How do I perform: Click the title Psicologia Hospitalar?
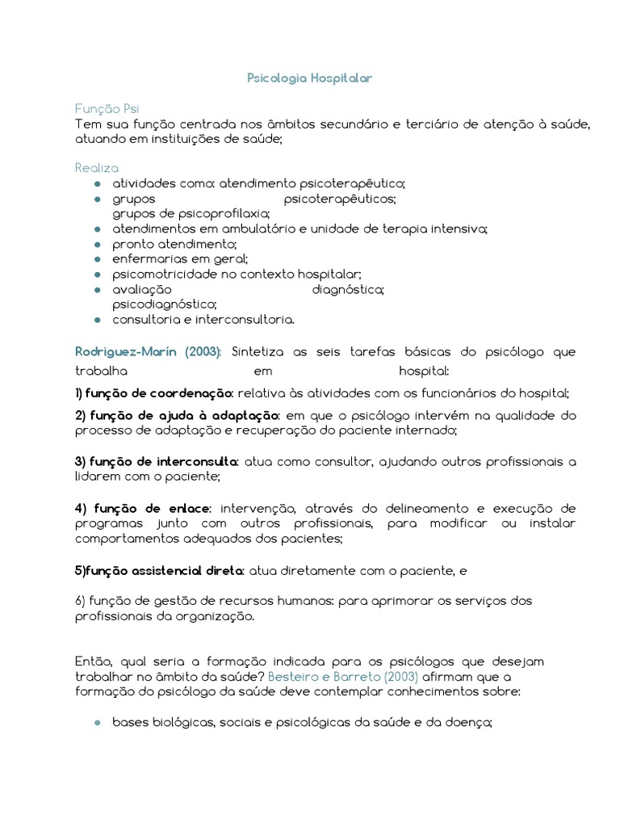(x=309, y=78)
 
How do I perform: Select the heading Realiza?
(x=96, y=168)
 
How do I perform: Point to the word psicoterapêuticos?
(x=340, y=199)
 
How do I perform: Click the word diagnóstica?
(x=347, y=289)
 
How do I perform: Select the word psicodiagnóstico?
(x=165, y=304)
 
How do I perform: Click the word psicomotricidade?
(x=162, y=274)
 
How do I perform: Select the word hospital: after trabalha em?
(x=424, y=372)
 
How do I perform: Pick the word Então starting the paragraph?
(x=91, y=661)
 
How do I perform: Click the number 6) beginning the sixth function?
(x=80, y=601)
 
